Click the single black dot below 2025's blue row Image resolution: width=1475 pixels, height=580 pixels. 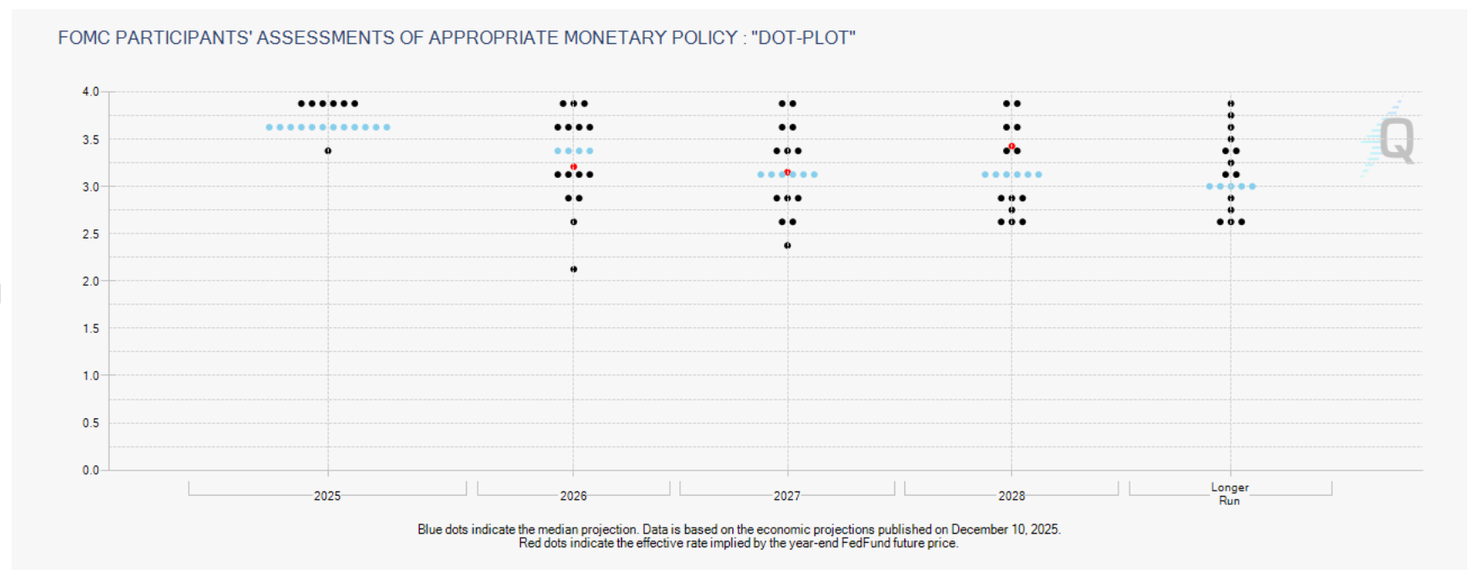(x=328, y=151)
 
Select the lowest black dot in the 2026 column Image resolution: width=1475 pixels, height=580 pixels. (x=573, y=269)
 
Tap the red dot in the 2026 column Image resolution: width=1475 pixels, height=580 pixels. (x=573, y=167)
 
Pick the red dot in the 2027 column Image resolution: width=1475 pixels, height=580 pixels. (x=787, y=172)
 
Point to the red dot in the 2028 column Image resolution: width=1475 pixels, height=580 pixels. (x=1011, y=147)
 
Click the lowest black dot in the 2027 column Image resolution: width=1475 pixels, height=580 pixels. (x=787, y=245)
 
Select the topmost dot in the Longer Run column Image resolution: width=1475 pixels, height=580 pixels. (x=1231, y=104)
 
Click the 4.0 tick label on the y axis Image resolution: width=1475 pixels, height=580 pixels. (x=90, y=91)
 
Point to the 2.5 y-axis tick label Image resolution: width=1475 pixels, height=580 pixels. (x=90, y=234)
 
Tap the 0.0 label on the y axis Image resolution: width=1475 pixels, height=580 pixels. (x=90, y=470)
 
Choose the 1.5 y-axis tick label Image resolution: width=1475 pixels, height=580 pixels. (x=90, y=328)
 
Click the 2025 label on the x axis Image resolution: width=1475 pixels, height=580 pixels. (x=327, y=496)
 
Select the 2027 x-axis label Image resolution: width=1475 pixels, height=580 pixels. (x=786, y=496)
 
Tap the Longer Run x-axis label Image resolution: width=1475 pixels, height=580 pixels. (x=1230, y=493)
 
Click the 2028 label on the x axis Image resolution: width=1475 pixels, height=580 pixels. (x=1011, y=496)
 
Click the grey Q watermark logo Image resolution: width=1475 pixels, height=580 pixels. (x=1397, y=140)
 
